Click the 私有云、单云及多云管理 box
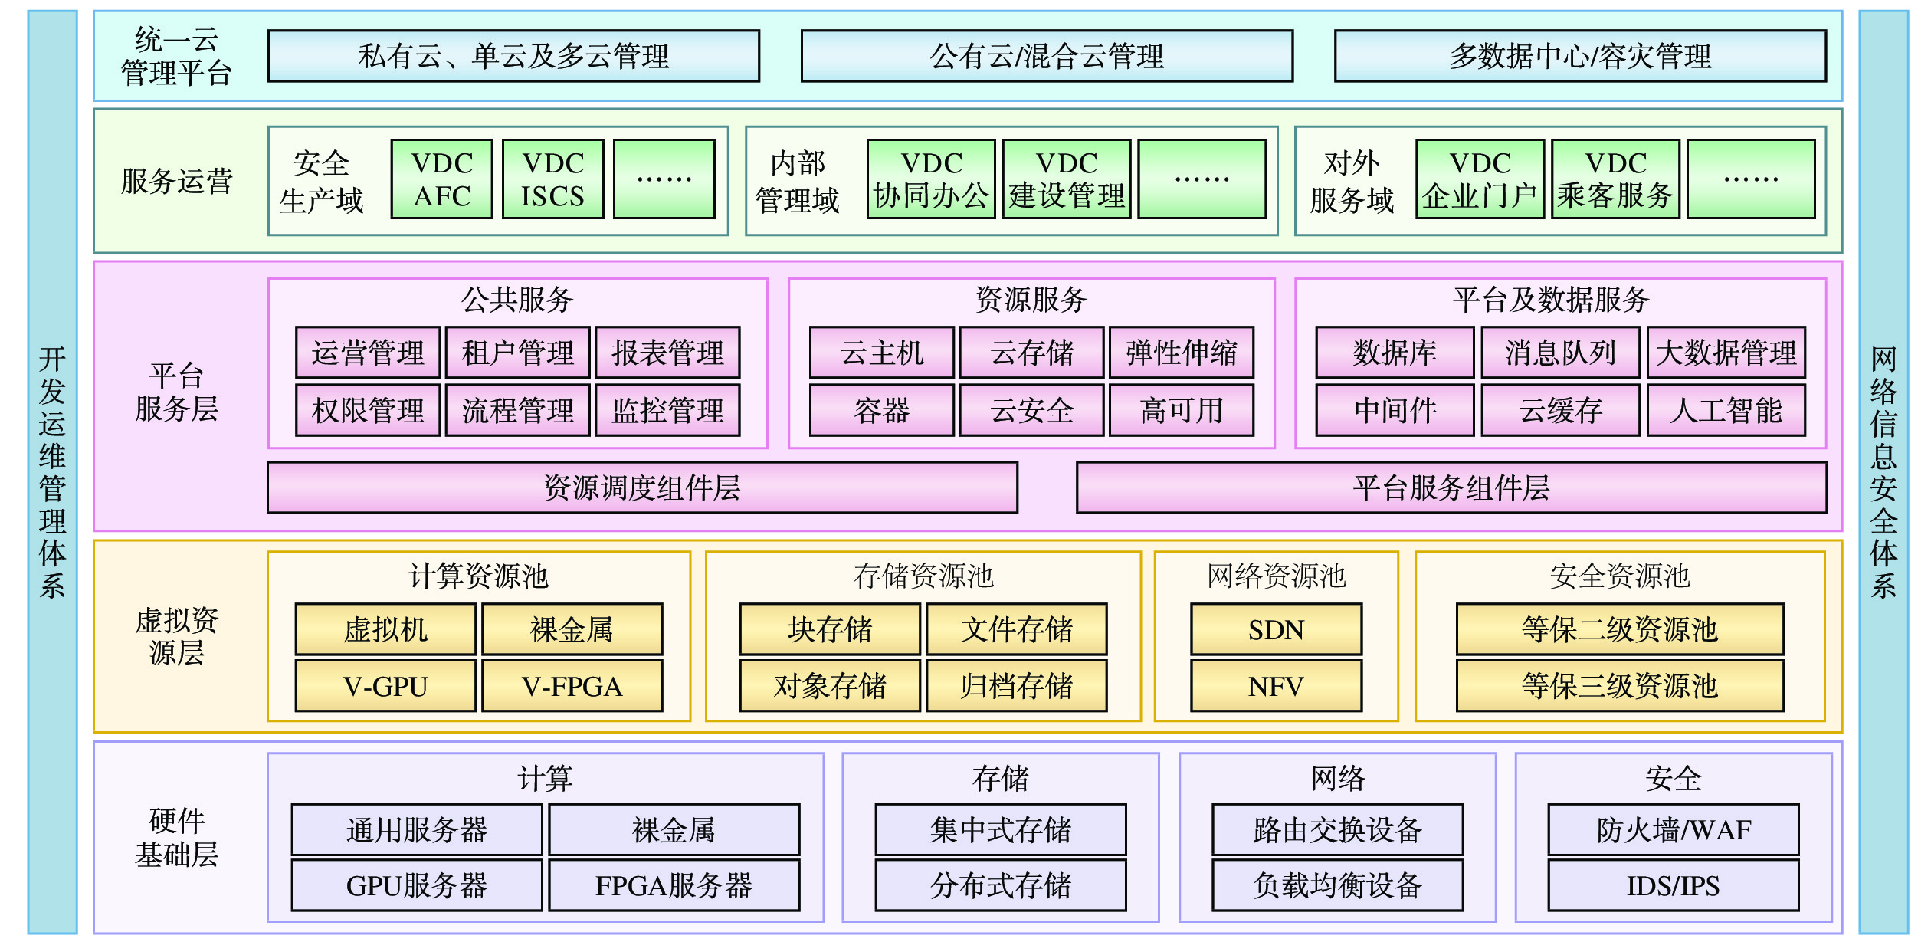click(x=513, y=56)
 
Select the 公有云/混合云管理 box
click(x=1047, y=56)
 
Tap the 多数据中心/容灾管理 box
click(x=1580, y=56)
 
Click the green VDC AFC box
click(x=441, y=179)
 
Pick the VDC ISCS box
click(x=552, y=179)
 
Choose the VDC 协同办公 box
click(x=931, y=179)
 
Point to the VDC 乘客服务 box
click(x=1615, y=179)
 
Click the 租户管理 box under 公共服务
click(x=517, y=353)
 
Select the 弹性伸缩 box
click(x=1182, y=353)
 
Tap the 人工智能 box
click(x=1726, y=410)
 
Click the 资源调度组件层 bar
click(x=642, y=487)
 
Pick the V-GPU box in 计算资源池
click(x=385, y=686)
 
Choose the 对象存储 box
click(x=830, y=686)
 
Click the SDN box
click(x=1276, y=629)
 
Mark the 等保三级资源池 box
click(x=1620, y=686)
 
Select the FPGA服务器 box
click(x=674, y=885)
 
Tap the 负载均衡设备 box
click(x=1337, y=885)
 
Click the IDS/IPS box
click(x=1673, y=885)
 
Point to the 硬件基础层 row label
click(x=176, y=837)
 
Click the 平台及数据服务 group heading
click(x=1550, y=300)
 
